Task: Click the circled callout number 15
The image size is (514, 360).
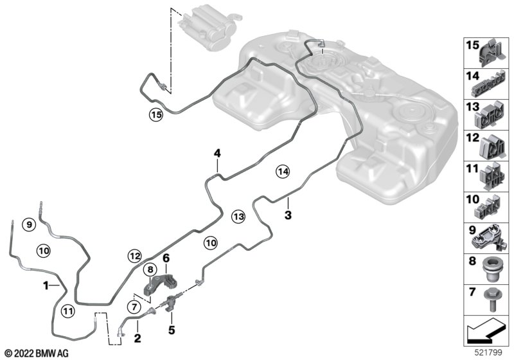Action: [155, 115]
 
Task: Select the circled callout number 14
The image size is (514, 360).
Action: [283, 171]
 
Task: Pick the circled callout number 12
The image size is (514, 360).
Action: [135, 256]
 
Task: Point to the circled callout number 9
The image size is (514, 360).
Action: [29, 224]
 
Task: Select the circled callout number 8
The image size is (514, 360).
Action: [150, 270]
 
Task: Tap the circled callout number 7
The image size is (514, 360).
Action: [134, 307]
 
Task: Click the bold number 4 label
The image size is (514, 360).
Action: [217, 153]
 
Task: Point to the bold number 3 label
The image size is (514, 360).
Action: [288, 215]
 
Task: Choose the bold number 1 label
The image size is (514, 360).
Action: [46, 285]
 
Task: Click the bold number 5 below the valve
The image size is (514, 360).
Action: [172, 330]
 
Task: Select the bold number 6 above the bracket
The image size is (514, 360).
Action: [166, 258]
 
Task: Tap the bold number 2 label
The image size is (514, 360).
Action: [137, 338]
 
